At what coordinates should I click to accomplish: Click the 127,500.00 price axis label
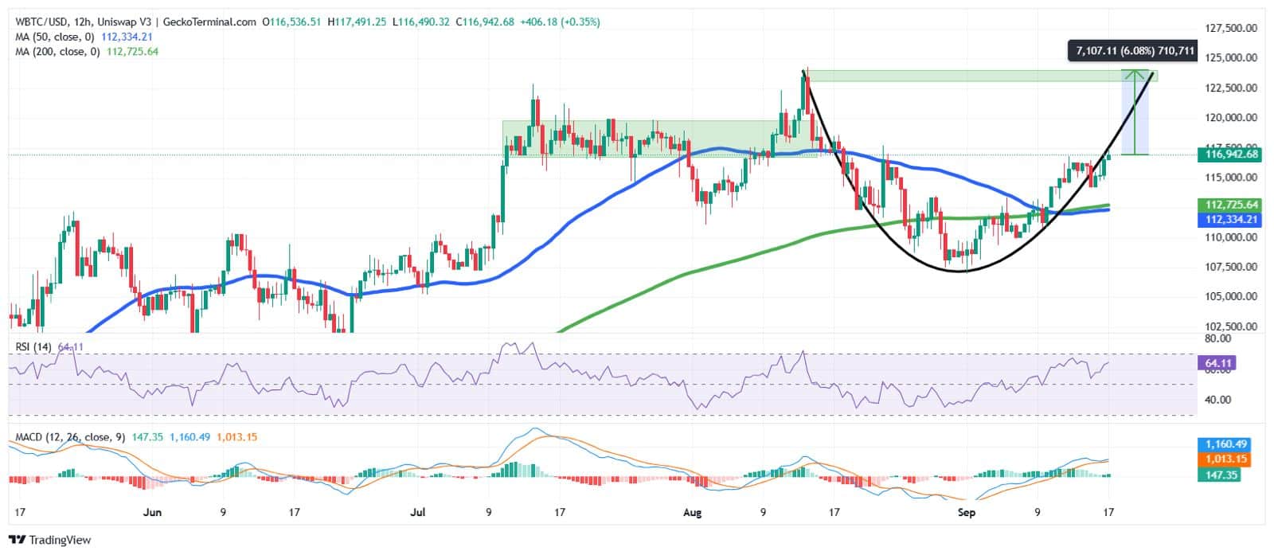tap(1230, 28)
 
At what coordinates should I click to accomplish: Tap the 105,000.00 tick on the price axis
tap(1230, 296)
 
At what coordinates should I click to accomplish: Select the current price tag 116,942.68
tap(1231, 154)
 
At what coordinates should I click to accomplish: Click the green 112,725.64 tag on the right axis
tap(1231, 205)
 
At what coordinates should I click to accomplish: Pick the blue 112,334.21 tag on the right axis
tap(1231, 219)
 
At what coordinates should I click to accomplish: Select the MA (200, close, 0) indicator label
tap(57, 51)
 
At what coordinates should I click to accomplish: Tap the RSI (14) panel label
tap(31, 347)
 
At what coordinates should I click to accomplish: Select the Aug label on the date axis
tap(692, 512)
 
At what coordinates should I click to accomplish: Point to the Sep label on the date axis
tap(966, 512)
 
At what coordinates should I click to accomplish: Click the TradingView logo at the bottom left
tap(51, 540)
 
